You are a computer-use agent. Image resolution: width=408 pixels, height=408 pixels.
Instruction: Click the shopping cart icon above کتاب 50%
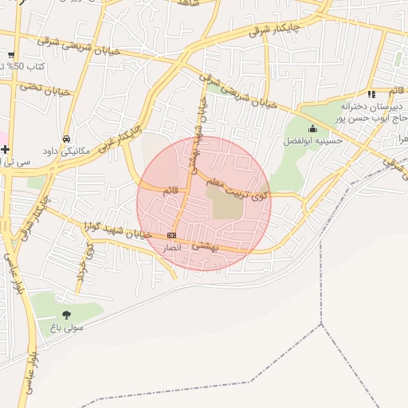coord(11,55)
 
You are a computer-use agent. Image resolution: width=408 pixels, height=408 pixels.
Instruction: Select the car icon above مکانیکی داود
coord(65,138)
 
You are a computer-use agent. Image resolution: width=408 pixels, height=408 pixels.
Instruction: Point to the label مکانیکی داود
coord(68,150)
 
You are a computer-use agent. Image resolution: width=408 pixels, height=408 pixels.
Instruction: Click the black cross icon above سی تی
coord(6,149)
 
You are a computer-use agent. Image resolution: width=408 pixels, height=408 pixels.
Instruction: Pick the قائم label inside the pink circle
coord(171,191)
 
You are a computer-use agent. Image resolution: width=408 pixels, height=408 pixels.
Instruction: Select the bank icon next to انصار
coord(172,235)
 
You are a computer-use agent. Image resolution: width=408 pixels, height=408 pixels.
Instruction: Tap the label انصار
coord(172,249)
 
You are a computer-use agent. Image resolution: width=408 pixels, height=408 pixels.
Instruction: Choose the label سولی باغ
coord(65,327)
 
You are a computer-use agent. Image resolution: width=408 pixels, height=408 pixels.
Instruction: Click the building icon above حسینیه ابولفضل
coord(312,129)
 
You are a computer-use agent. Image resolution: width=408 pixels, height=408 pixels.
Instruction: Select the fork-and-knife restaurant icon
coord(371,94)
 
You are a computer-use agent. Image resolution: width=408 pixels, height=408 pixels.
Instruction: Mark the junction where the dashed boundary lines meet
coord(321,324)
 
